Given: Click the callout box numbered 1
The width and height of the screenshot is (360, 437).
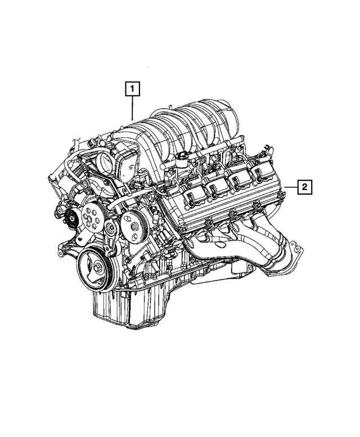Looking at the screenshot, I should click(x=132, y=89).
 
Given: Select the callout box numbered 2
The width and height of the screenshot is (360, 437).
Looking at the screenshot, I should click(x=303, y=187).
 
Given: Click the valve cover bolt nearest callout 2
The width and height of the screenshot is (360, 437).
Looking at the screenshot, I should click(x=282, y=195).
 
